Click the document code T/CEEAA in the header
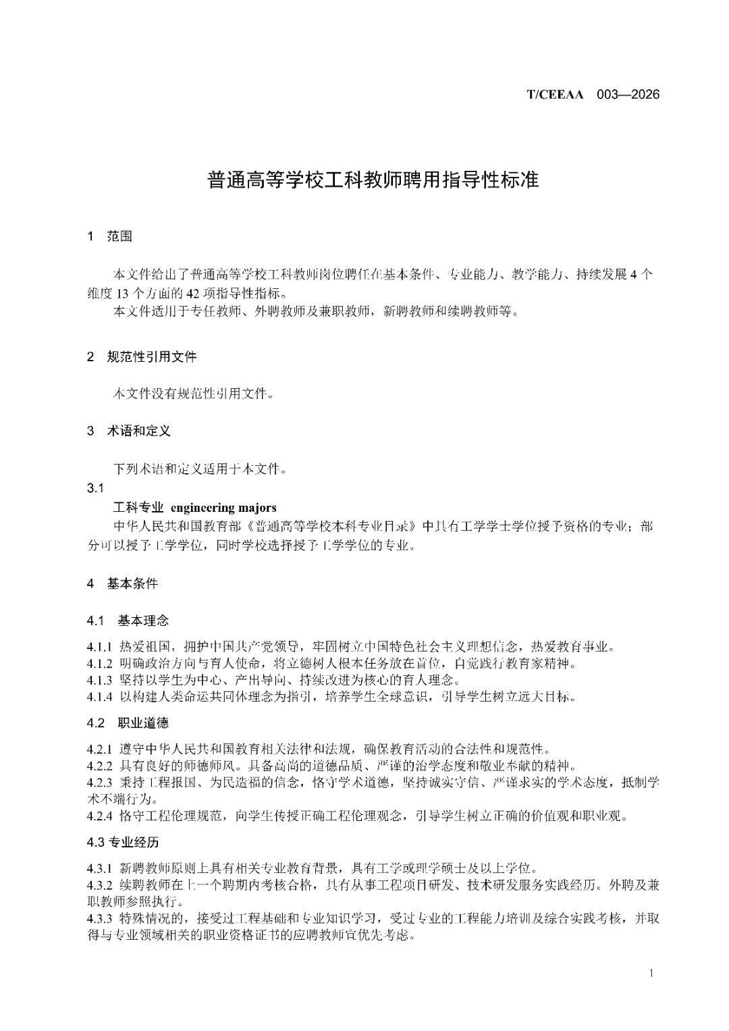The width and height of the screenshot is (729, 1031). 554,95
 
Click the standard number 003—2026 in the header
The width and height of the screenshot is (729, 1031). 628,95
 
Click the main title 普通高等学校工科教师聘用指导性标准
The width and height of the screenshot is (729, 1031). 373,180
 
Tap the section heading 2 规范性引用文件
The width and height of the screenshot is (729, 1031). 141,356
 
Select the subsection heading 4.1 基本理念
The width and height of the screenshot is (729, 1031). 128,620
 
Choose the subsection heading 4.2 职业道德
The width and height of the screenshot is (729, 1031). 128,723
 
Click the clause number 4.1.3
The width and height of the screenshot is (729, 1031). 99,680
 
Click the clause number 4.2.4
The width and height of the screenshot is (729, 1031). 99,816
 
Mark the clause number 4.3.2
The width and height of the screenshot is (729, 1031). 99,884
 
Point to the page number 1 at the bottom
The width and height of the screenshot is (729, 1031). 651,973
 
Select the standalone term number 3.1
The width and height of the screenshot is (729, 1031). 95,487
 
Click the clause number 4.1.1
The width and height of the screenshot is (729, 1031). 99,647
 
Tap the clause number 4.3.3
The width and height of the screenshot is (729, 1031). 99,918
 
